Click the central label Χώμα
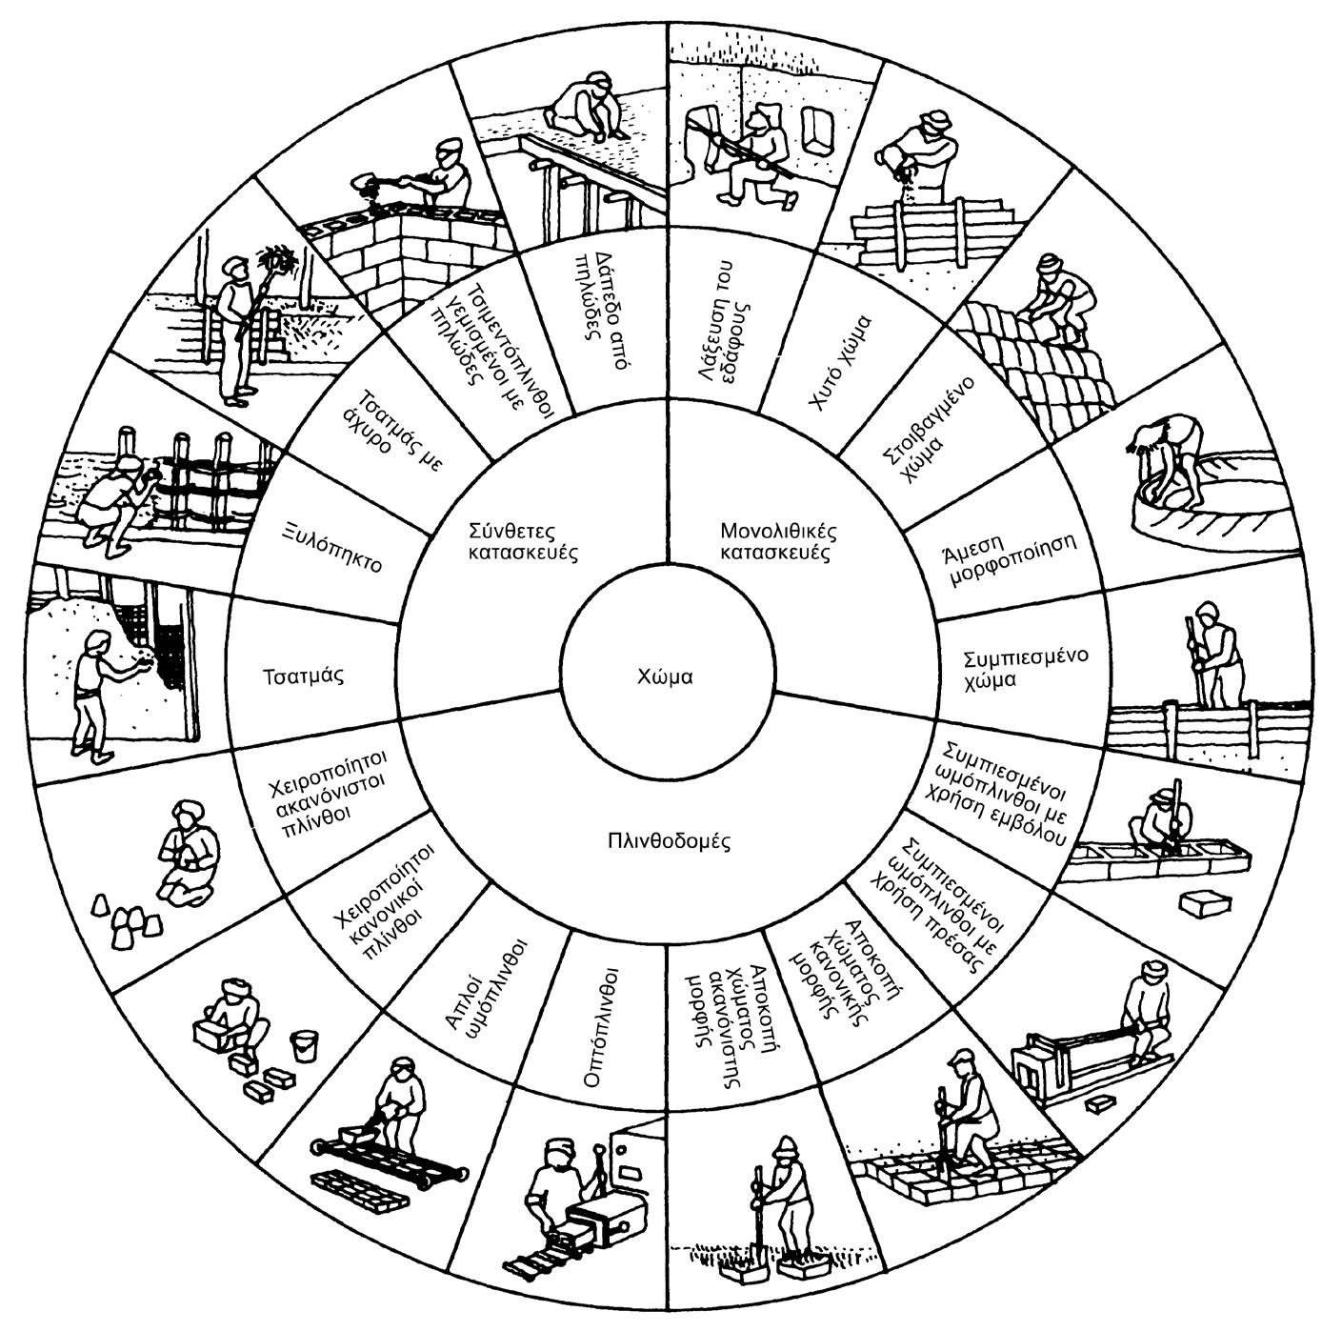tap(665, 677)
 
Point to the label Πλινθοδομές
tap(668, 841)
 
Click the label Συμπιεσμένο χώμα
tap(1012, 669)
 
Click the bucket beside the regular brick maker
tap(303, 1045)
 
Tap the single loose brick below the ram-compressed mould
tap(1200, 902)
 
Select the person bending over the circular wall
tap(1172, 457)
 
